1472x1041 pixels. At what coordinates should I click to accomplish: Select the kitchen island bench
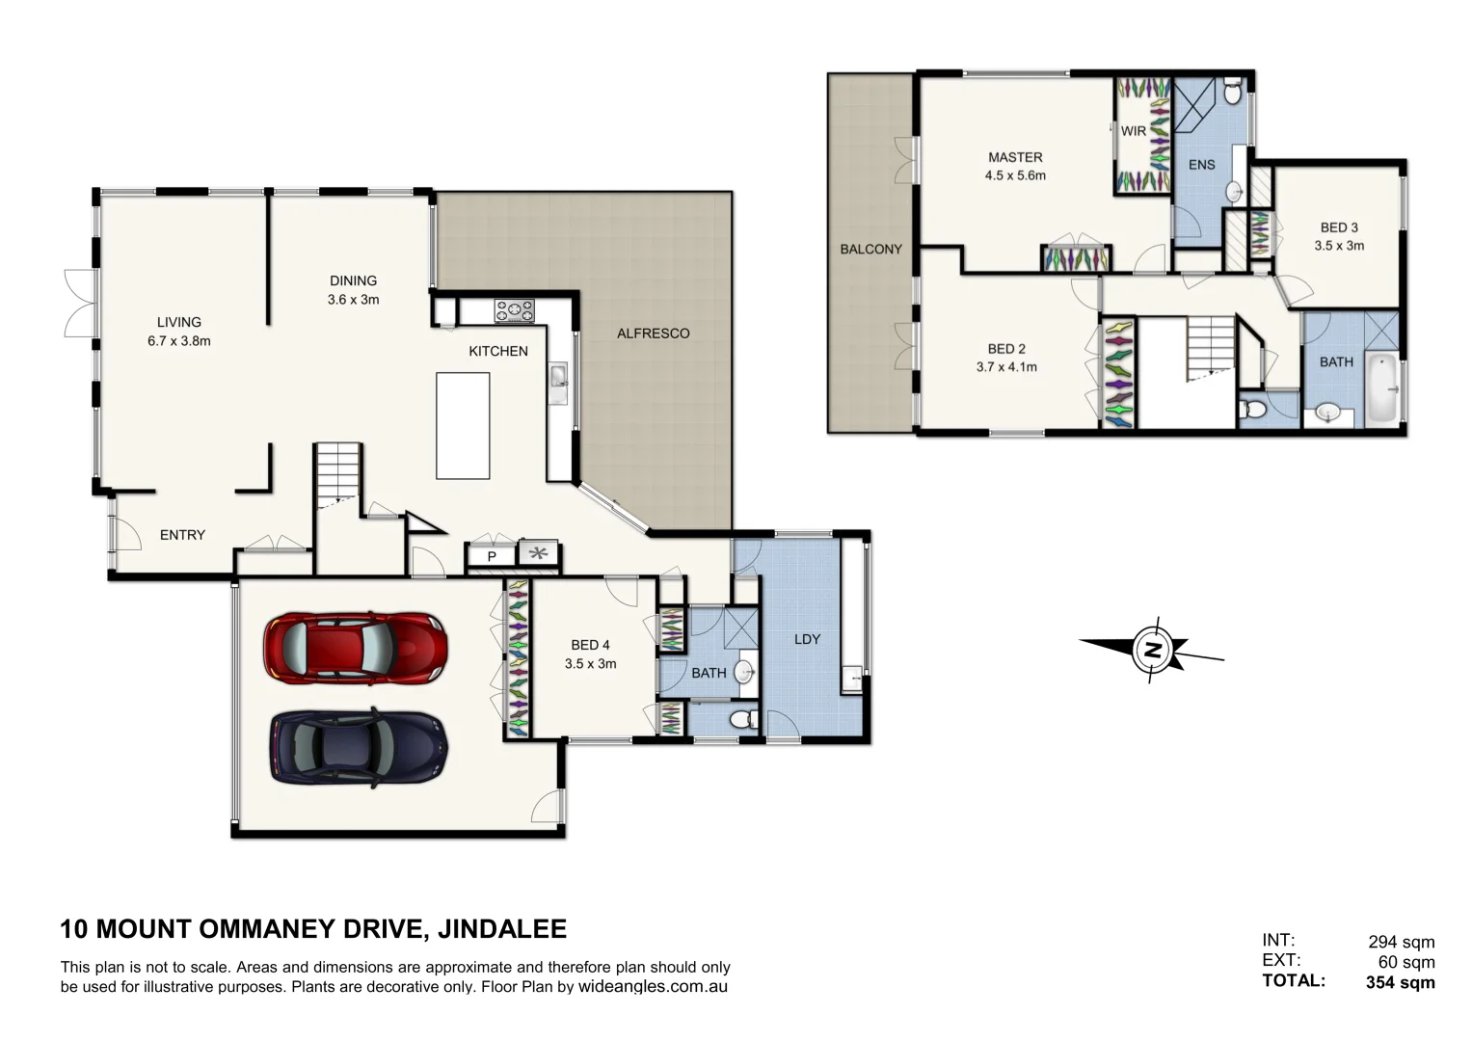pyautogui.click(x=463, y=426)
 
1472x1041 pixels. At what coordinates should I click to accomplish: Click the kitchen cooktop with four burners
pyautogui.click(x=515, y=310)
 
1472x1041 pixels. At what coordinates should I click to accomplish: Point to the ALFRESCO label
pyautogui.click(x=653, y=334)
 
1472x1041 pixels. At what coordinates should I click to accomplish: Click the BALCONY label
pyautogui.click(x=870, y=249)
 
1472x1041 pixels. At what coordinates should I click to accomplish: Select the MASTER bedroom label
pyautogui.click(x=1015, y=157)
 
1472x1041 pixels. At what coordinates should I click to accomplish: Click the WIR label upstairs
pyautogui.click(x=1133, y=131)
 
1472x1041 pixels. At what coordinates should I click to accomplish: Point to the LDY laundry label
pyautogui.click(x=807, y=639)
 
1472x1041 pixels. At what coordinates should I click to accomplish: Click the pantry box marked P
pyautogui.click(x=491, y=556)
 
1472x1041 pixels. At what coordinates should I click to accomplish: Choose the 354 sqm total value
pyautogui.click(x=1400, y=982)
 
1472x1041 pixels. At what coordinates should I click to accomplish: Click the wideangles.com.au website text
pyautogui.click(x=653, y=987)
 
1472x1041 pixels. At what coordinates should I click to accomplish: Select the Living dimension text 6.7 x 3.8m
pyautogui.click(x=179, y=340)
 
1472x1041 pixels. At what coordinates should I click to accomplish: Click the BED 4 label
pyautogui.click(x=590, y=645)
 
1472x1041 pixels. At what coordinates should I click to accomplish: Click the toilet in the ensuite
pyautogui.click(x=1232, y=93)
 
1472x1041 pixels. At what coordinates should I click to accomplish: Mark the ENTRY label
pyautogui.click(x=182, y=535)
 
